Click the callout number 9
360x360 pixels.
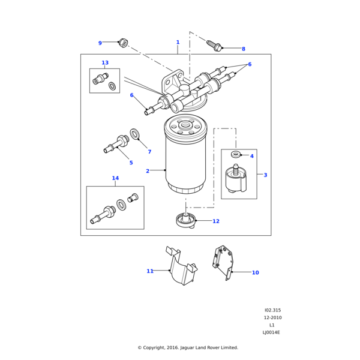tap(100, 43)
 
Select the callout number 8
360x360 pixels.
tap(243, 49)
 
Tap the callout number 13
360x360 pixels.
tap(105, 63)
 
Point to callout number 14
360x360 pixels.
tap(115, 178)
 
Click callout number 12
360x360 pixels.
tap(216, 221)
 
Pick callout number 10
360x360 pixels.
tap(255, 273)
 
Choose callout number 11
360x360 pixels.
tap(150, 271)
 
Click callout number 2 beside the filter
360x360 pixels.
tap(148, 171)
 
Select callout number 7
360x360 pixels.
tap(149, 152)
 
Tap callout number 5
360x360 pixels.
tap(131, 163)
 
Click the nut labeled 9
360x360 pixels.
tap(123, 43)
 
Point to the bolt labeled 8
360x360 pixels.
tap(214, 44)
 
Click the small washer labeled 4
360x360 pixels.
tap(236, 155)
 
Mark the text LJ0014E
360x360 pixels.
tap(271, 332)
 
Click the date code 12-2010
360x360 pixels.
tap(272, 318)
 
